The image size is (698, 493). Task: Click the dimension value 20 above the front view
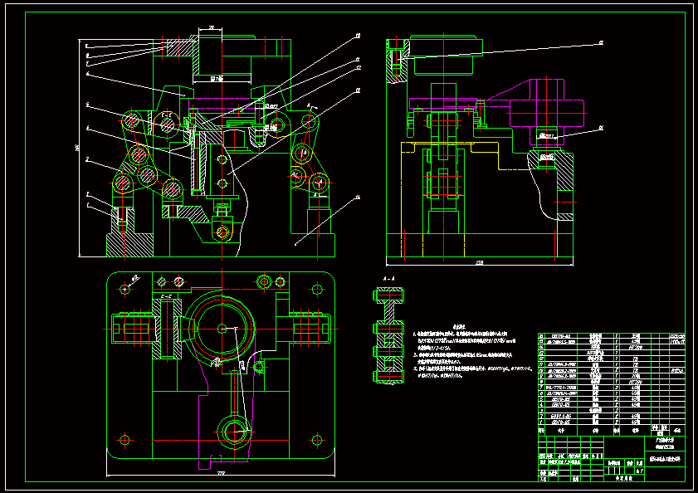click(x=212, y=29)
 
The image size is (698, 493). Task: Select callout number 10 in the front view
click(x=356, y=37)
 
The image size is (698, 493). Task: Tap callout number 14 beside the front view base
click(x=358, y=198)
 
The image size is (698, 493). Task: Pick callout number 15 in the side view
click(x=602, y=41)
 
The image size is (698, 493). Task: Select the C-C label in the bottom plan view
click(x=165, y=295)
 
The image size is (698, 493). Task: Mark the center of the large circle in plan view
click(x=221, y=328)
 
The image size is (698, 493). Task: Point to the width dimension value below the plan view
click(x=221, y=474)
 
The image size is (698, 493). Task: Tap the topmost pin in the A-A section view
click(x=389, y=295)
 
